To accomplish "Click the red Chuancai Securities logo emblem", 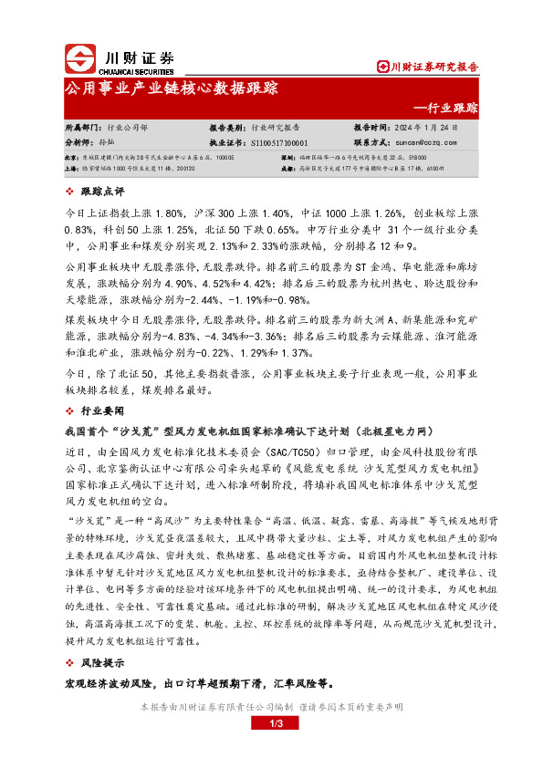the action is (83, 59).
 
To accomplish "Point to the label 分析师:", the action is (81, 142).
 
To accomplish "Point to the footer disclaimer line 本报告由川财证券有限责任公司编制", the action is (271, 706).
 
